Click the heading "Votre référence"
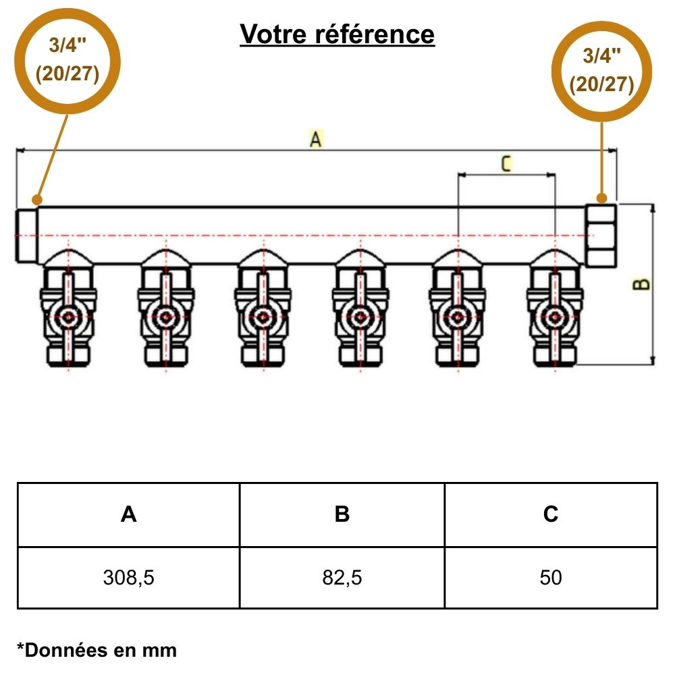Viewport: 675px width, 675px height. pos(337,34)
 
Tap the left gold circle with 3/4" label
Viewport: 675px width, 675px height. pos(67,61)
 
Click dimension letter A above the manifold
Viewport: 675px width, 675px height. pos(315,140)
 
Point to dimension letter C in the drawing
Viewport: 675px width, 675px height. pos(506,163)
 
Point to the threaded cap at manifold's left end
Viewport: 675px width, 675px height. pos(27,234)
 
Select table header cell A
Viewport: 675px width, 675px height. pos(128,514)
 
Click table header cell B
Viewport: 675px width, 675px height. pos(342,514)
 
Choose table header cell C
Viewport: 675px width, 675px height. pos(551,514)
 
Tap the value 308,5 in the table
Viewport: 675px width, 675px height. pos(128,578)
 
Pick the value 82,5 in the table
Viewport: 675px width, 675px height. pos(342,578)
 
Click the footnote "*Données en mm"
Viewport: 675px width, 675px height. pos(97,650)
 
